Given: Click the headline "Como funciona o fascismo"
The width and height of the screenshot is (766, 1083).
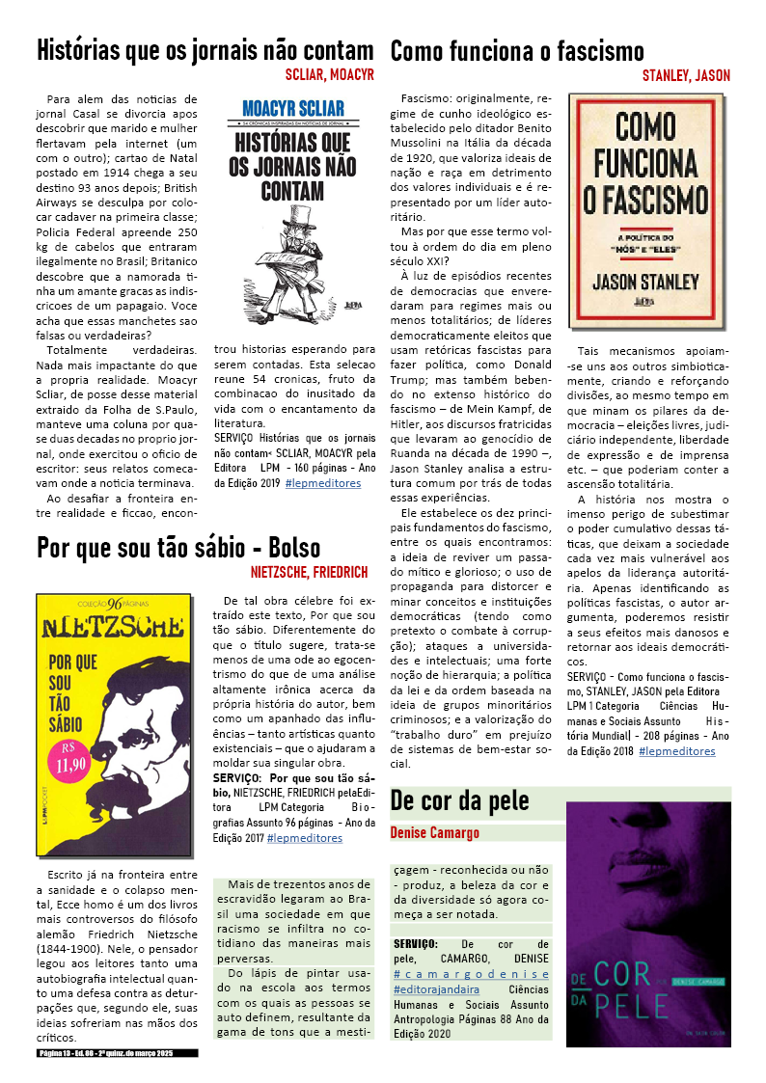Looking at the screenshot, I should coord(516,51).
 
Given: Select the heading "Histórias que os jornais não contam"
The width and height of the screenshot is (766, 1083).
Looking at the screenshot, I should coord(205,51).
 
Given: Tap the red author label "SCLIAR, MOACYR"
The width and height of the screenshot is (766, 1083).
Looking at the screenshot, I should coord(329,74).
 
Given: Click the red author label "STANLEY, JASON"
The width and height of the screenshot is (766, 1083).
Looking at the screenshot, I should coord(686,75).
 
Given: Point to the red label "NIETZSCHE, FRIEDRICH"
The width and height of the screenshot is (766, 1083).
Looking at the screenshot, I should coord(309,572).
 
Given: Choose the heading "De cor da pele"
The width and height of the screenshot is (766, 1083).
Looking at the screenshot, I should coord(460,800).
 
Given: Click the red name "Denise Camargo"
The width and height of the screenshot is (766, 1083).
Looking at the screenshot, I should coord(434,832).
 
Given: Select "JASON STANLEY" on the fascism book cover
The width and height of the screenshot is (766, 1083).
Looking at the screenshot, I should coord(645,283).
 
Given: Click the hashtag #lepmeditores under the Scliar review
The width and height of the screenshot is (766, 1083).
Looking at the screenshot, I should coord(322,482).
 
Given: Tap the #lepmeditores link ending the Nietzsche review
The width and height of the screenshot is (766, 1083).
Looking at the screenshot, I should coord(304,838).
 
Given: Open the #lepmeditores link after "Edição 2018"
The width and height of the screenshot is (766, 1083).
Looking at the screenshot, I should coord(676,750).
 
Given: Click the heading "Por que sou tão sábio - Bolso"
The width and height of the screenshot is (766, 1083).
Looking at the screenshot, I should coord(178,549).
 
